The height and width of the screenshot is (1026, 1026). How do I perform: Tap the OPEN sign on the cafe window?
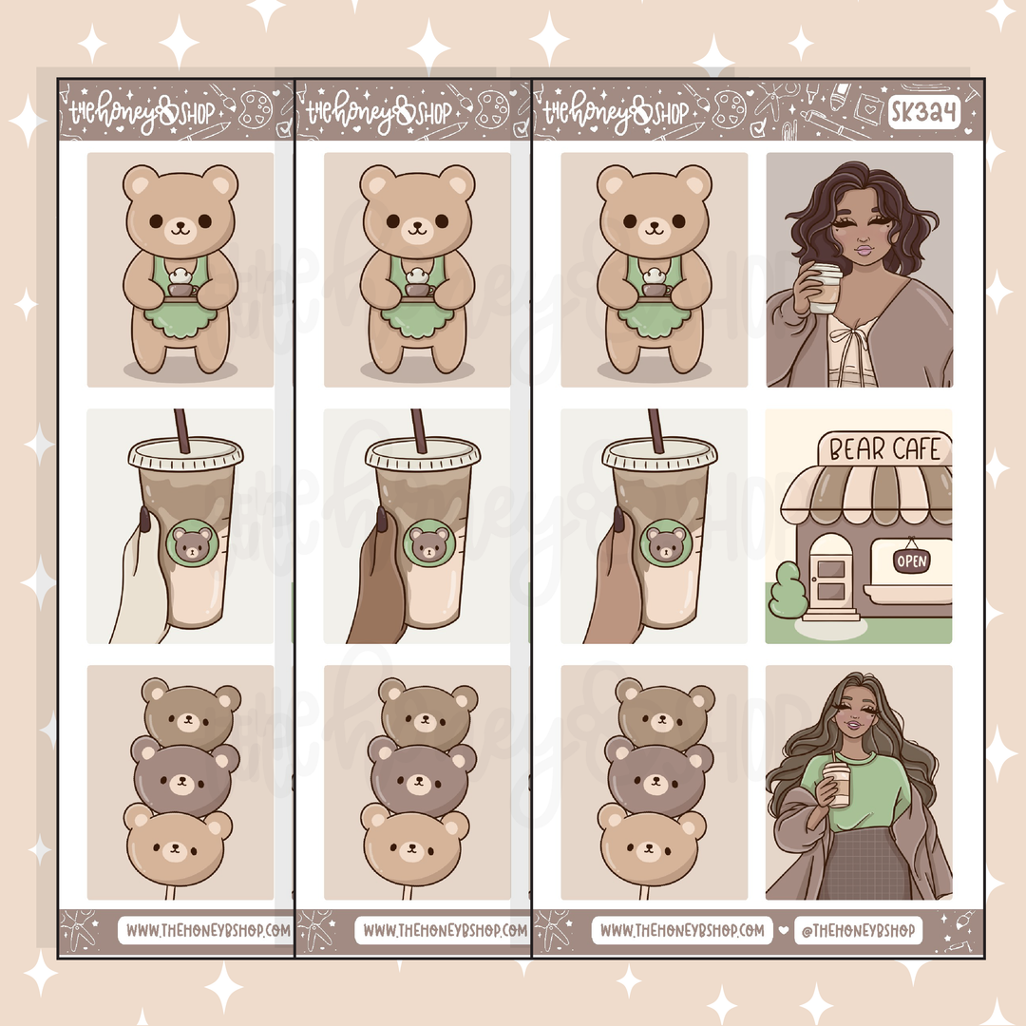(x=911, y=560)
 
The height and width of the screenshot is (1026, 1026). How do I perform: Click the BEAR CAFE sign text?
(x=884, y=448)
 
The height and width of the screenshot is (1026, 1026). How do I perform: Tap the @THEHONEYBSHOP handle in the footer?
(x=858, y=930)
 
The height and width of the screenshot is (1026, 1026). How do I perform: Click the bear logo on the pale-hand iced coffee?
(x=192, y=543)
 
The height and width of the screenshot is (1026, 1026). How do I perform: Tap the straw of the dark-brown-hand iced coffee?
(x=419, y=430)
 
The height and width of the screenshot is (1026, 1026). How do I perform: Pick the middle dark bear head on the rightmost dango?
(x=655, y=776)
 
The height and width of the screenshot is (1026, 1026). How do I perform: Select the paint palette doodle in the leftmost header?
(x=256, y=108)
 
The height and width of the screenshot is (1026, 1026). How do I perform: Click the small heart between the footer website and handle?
(x=783, y=930)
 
